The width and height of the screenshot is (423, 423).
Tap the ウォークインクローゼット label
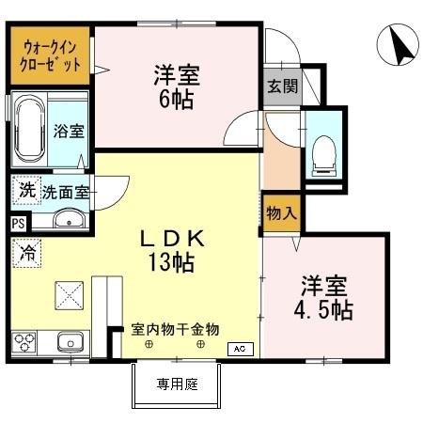52,55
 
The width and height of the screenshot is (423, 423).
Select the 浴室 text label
69,131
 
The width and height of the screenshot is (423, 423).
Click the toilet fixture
322,152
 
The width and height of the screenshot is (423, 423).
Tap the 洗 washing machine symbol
26,190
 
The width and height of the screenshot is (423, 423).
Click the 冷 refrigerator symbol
27,252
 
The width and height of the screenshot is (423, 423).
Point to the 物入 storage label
280,212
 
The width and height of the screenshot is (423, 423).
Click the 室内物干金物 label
175,330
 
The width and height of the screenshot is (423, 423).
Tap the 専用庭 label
176,384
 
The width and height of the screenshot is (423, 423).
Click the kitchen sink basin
69,340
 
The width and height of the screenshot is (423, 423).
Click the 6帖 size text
177,99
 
